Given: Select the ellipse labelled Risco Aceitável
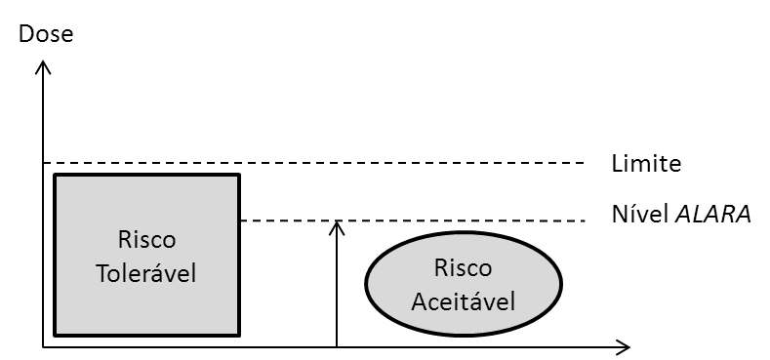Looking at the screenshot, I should click(463, 283).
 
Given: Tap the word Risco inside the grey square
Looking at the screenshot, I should click(146, 240).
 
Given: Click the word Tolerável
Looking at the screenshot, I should click(146, 273).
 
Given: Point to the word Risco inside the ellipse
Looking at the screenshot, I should click(463, 267).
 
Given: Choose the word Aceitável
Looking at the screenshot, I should click(463, 300).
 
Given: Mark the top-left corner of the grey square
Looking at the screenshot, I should click(58, 178).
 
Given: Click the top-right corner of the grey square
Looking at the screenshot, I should click(236, 178).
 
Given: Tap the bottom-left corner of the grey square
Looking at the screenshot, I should click(58, 333).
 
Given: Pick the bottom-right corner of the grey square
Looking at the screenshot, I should click(236, 333).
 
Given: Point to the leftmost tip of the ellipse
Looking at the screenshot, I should click(368, 283).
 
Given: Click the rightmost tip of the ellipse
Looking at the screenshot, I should click(558, 283).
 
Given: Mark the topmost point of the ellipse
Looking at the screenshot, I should click(463, 235).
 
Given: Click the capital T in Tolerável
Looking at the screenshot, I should click(101, 273).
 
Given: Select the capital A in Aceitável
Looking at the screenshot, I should click(418, 300).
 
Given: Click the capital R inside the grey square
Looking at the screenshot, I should click(124, 240).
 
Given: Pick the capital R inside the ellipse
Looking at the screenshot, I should click(440, 267).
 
